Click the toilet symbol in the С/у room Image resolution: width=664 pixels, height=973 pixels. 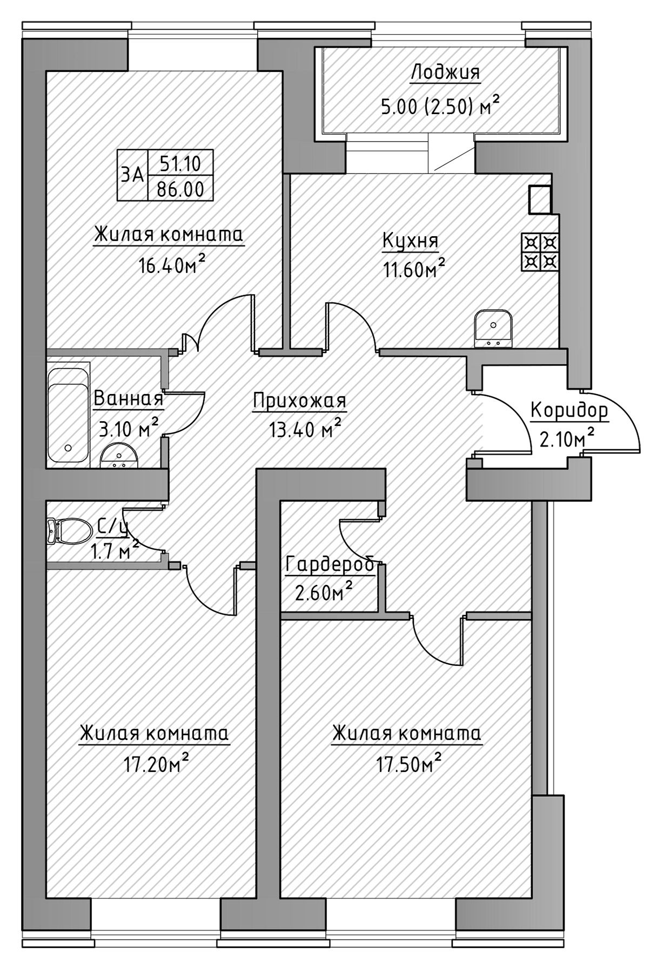click(69, 532)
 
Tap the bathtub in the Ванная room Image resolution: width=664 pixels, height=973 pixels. click(68, 415)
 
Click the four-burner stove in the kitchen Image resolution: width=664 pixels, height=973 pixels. click(540, 252)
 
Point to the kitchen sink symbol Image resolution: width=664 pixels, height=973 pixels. click(493, 328)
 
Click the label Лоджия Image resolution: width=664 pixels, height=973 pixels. click(445, 72)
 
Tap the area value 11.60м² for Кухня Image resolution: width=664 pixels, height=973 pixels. click(414, 268)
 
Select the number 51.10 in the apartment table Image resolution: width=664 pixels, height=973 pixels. click(180, 162)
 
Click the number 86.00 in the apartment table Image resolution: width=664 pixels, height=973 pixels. click(180, 189)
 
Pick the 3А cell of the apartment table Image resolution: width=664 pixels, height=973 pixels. click(132, 175)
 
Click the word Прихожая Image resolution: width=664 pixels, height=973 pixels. click(299, 401)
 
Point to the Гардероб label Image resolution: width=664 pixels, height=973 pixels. click(330, 565)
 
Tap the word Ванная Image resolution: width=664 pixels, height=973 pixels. click(128, 399)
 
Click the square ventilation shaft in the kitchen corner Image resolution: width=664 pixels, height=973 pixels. click(539, 199)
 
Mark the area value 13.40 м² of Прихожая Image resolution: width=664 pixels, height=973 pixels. click(305, 430)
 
